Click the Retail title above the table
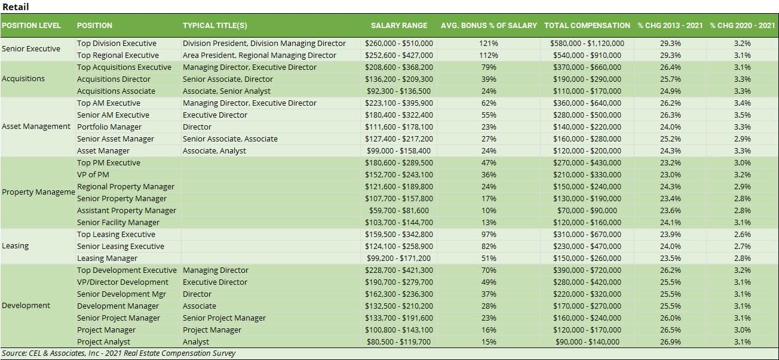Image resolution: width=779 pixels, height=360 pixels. [16, 7]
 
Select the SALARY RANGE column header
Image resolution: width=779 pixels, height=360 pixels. [399, 26]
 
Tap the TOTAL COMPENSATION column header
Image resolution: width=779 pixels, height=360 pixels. [587, 26]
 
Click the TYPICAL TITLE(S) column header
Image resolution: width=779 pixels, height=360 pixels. [215, 26]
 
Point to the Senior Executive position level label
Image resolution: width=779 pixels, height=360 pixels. [31, 49]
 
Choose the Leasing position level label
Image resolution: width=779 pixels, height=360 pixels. [16, 246]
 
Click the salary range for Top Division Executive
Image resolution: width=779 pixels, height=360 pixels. [399, 44]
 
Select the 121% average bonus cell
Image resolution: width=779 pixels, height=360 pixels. [489, 44]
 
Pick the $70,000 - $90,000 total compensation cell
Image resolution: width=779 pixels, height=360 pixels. [587, 211]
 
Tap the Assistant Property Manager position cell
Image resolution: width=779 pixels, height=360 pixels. [127, 211]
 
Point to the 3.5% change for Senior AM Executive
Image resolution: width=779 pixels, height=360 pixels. [742, 115]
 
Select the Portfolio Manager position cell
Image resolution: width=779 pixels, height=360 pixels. [109, 127]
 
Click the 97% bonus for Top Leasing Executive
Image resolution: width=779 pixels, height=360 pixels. [489, 235]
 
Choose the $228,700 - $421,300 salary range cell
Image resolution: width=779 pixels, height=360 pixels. [399, 270]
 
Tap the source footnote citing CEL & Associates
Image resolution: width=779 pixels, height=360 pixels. [119, 353]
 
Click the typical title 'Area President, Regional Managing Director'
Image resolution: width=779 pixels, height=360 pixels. [259, 56]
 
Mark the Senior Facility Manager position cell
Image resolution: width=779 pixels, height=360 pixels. [118, 223]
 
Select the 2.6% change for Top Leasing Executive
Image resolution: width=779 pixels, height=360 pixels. [742, 235]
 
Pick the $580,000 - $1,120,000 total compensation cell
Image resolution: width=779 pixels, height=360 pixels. [587, 44]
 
